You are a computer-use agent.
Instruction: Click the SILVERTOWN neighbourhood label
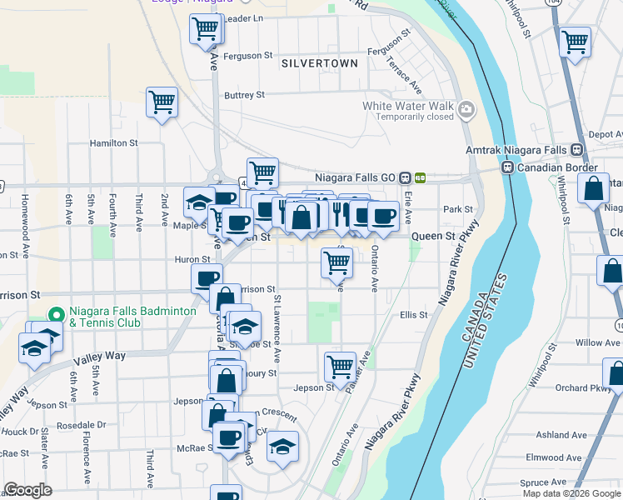coord(320,63)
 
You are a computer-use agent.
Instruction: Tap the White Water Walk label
coord(408,106)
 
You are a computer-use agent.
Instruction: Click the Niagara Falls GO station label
coord(356,177)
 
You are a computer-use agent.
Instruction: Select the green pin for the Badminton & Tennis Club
coord(56,315)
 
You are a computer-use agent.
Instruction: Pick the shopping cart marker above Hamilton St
coord(162,103)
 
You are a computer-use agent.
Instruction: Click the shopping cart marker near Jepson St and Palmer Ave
coord(340,365)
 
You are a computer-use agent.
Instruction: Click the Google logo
coord(27,490)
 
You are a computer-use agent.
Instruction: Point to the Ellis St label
coord(413,315)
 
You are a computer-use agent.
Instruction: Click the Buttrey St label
coord(244,95)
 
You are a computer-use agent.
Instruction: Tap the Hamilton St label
coord(114,143)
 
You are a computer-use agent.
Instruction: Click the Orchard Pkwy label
coord(583,387)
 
